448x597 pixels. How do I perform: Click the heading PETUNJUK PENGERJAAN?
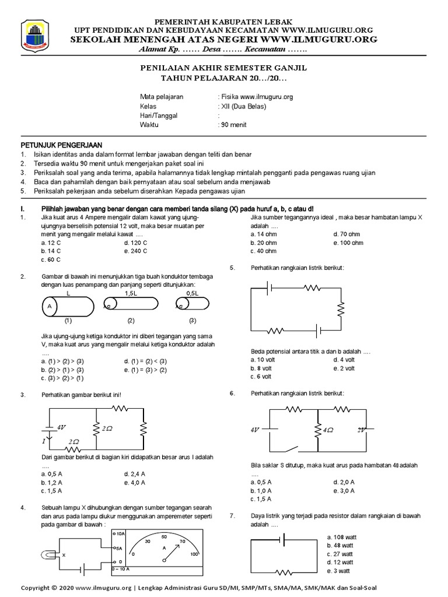(61, 145)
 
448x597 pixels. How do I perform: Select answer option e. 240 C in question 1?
(135, 251)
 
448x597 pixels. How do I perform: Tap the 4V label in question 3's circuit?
(61, 427)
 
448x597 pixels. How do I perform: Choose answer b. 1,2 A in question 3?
(52, 483)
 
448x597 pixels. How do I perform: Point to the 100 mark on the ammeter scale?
(194, 554)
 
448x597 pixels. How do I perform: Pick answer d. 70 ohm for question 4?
(346, 234)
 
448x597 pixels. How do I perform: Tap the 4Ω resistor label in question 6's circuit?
(327, 431)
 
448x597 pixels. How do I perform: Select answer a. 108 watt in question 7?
(343, 536)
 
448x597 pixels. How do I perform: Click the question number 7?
(232, 516)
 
